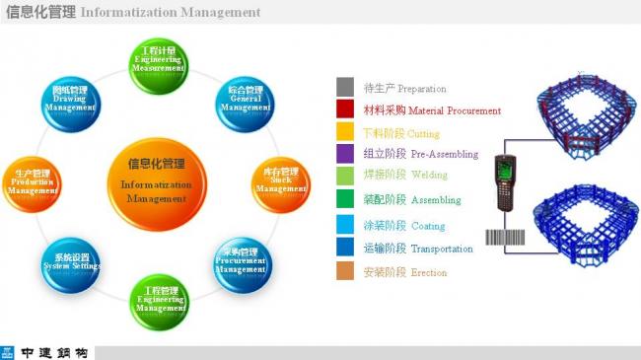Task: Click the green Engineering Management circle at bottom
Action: point(159,301)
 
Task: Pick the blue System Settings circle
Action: point(72,261)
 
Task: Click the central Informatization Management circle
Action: point(156,178)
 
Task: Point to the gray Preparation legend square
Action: point(345,88)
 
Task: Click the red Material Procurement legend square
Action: point(345,110)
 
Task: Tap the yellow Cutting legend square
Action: point(345,133)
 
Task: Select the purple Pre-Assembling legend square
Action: point(345,154)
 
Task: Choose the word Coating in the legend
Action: point(428,225)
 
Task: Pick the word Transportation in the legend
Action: point(441,249)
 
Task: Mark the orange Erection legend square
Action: point(345,271)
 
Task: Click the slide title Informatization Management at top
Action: point(170,13)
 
